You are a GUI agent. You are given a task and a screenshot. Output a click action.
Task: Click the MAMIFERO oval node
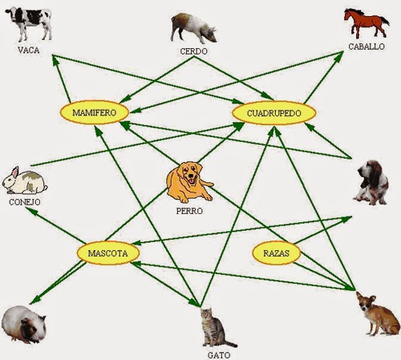(x=95, y=112)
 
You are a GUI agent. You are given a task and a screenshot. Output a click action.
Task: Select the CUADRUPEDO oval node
(x=274, y=113)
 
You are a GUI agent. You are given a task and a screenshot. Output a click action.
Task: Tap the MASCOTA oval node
(x=108, y=253)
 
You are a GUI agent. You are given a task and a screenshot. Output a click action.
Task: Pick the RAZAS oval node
(x=277, y=253)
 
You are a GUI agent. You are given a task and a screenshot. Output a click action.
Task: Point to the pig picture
(x=193, y=29)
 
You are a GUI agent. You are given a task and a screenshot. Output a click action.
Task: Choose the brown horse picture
(x=367, y=23)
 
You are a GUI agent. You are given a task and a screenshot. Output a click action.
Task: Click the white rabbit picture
(x=25, y=180)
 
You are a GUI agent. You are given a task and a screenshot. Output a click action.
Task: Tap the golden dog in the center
(x=189, y=182)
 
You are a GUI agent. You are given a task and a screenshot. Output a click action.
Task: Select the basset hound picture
(x=372, y=182)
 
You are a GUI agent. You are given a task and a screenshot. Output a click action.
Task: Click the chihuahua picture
(x=379, y=313)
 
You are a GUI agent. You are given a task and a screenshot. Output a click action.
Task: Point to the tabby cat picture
(x=216, y=328)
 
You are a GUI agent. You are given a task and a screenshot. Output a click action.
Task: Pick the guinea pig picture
(x=23, y=325)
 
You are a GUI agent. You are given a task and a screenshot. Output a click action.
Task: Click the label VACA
(x=29, y=51)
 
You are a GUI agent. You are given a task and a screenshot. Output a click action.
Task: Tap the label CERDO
(x=193, y=51)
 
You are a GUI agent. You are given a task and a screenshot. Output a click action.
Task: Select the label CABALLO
(x=367, y=47)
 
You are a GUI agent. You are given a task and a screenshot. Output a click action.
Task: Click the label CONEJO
(x=25, y=202)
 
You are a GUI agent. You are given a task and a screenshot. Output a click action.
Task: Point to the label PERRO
(x=189, y=211)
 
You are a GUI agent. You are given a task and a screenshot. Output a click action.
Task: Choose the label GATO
(x=219, y=355)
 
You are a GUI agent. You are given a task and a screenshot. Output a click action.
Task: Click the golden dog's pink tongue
(x=192, y=181)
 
